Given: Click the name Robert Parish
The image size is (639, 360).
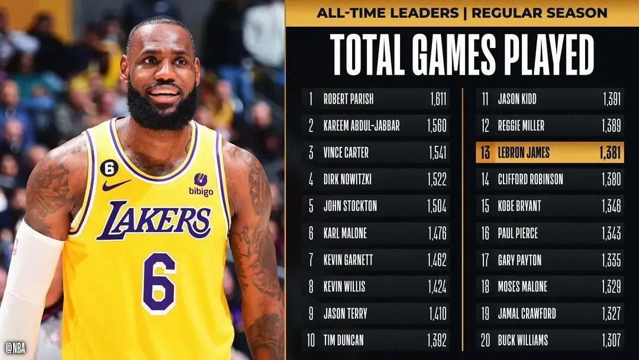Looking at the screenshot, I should (348, 99).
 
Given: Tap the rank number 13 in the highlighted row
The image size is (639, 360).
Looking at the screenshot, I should (485, 153).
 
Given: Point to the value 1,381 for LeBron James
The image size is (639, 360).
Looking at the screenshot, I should (608, 153).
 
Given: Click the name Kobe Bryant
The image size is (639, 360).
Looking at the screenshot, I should (519, 207).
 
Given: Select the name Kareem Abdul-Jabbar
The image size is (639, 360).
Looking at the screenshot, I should (361, 126).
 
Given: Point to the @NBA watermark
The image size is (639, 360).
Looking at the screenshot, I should (17, 346).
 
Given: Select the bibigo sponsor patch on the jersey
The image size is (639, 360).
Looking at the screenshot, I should (201, 184).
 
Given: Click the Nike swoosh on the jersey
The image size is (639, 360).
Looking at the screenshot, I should (115, 185).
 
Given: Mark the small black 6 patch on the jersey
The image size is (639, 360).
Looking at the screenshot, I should (109, 169).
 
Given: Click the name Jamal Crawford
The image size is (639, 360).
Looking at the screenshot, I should (527, 313).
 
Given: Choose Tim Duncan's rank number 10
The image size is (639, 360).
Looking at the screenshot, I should (311, 340).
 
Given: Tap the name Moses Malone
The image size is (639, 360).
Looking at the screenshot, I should (522, 287).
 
